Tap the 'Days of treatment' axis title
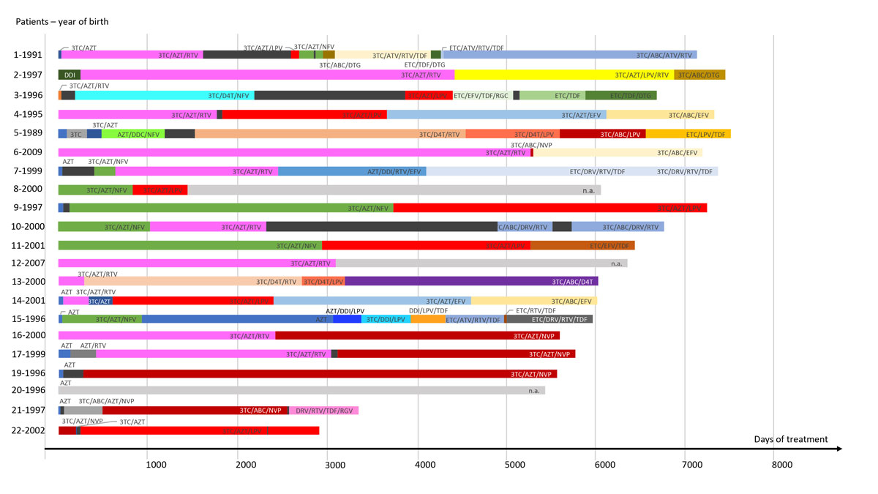click(790, 439)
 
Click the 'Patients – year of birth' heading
click(62, 21)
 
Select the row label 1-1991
click(29, 55)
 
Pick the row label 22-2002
click(29, 430)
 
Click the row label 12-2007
click(29, 263)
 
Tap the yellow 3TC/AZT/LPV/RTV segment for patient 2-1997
click(563, 75)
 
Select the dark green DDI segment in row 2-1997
click(69, 75)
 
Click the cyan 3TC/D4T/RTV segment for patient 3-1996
click(165, 95)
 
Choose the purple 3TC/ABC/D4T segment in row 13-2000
click(471, 281)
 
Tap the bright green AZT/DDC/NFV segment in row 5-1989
click(133, 134)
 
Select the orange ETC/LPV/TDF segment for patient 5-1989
click(688, 134)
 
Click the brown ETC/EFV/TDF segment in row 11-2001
click(582, 245)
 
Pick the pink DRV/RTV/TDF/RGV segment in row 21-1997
click(323, 411)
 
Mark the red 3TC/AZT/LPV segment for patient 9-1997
click(549, 208)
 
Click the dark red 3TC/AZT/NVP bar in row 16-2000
click(417, 336)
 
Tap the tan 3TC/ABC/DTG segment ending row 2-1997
click(699, 75)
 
